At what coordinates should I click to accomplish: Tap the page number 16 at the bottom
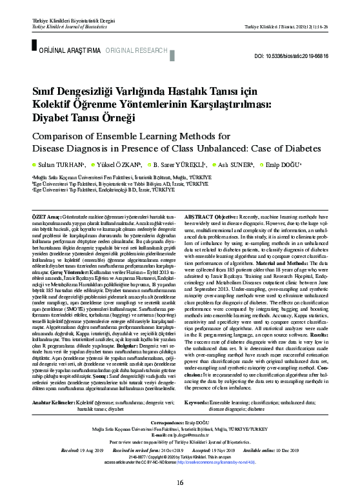(180, 482)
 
